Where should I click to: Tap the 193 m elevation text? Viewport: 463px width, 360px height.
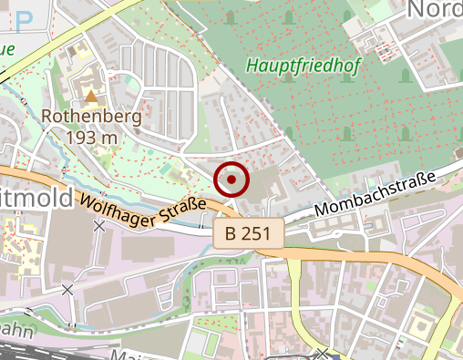click(92, 137)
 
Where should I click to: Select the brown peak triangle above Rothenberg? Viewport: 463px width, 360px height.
click(91, 94)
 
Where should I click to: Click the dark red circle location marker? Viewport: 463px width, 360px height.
click(231, 180)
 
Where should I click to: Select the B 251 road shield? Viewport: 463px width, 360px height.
click(248, 233)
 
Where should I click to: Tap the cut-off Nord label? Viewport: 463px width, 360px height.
click(434, 9)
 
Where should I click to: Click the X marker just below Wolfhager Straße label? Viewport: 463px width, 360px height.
click(98, 225)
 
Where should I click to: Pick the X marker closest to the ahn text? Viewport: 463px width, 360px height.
click(67, 290)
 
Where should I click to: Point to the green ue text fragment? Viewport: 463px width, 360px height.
click(6, 50)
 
